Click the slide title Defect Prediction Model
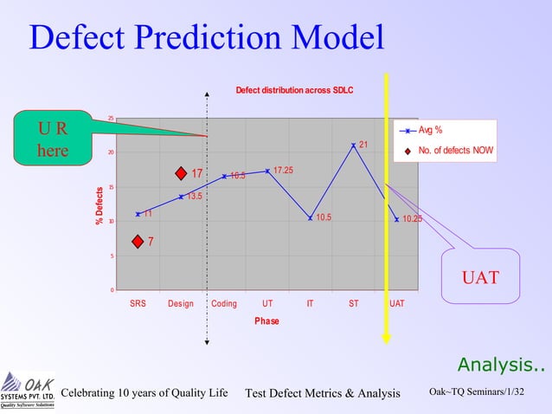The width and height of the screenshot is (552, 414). (206, 37)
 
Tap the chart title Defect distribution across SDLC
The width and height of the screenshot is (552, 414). (294, 90)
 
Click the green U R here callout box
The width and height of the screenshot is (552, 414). (52, 139)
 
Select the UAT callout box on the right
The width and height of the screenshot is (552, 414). (480, 276)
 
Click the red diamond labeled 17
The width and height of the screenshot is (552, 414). (181, 173)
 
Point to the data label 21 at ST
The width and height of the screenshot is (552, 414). (363, 145)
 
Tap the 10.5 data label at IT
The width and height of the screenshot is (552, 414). (324, 217)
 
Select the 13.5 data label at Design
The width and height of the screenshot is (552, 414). (195, 197)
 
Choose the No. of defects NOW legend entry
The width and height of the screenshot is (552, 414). (455, 151)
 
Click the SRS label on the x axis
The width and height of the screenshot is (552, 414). (138, 304)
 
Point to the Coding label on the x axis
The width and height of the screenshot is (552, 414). (223, 304)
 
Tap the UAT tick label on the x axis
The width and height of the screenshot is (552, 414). (396, 304)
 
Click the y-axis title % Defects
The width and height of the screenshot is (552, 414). (99, 206)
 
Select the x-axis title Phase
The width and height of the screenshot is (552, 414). (266, 320)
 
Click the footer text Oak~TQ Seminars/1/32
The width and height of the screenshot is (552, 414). (477, 392)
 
